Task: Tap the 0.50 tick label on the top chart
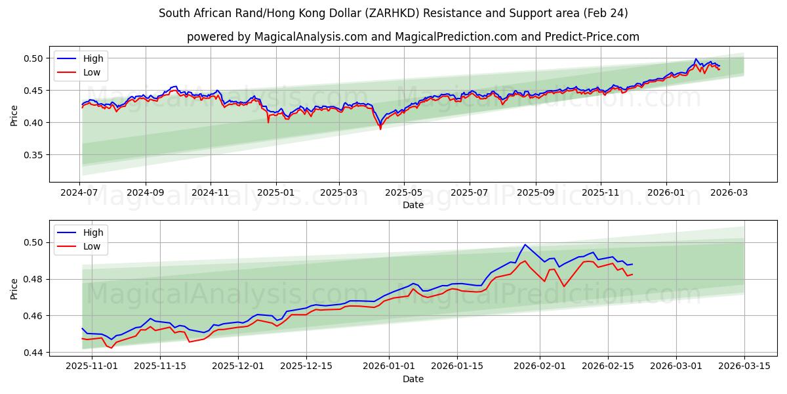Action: [33, 58]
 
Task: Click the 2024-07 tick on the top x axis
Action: [80, 193]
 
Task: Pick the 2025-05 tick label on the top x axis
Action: [403, 193]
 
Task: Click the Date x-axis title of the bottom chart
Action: [413, 379]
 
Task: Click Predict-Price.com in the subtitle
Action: [592, 37]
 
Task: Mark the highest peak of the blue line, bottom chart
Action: [525, 244]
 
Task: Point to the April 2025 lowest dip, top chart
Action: [380, 128]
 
